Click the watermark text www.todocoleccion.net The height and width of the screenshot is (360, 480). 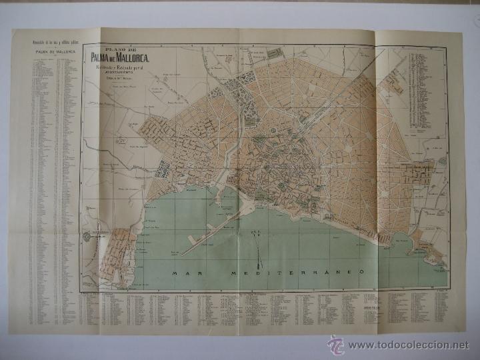point(409,345)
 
